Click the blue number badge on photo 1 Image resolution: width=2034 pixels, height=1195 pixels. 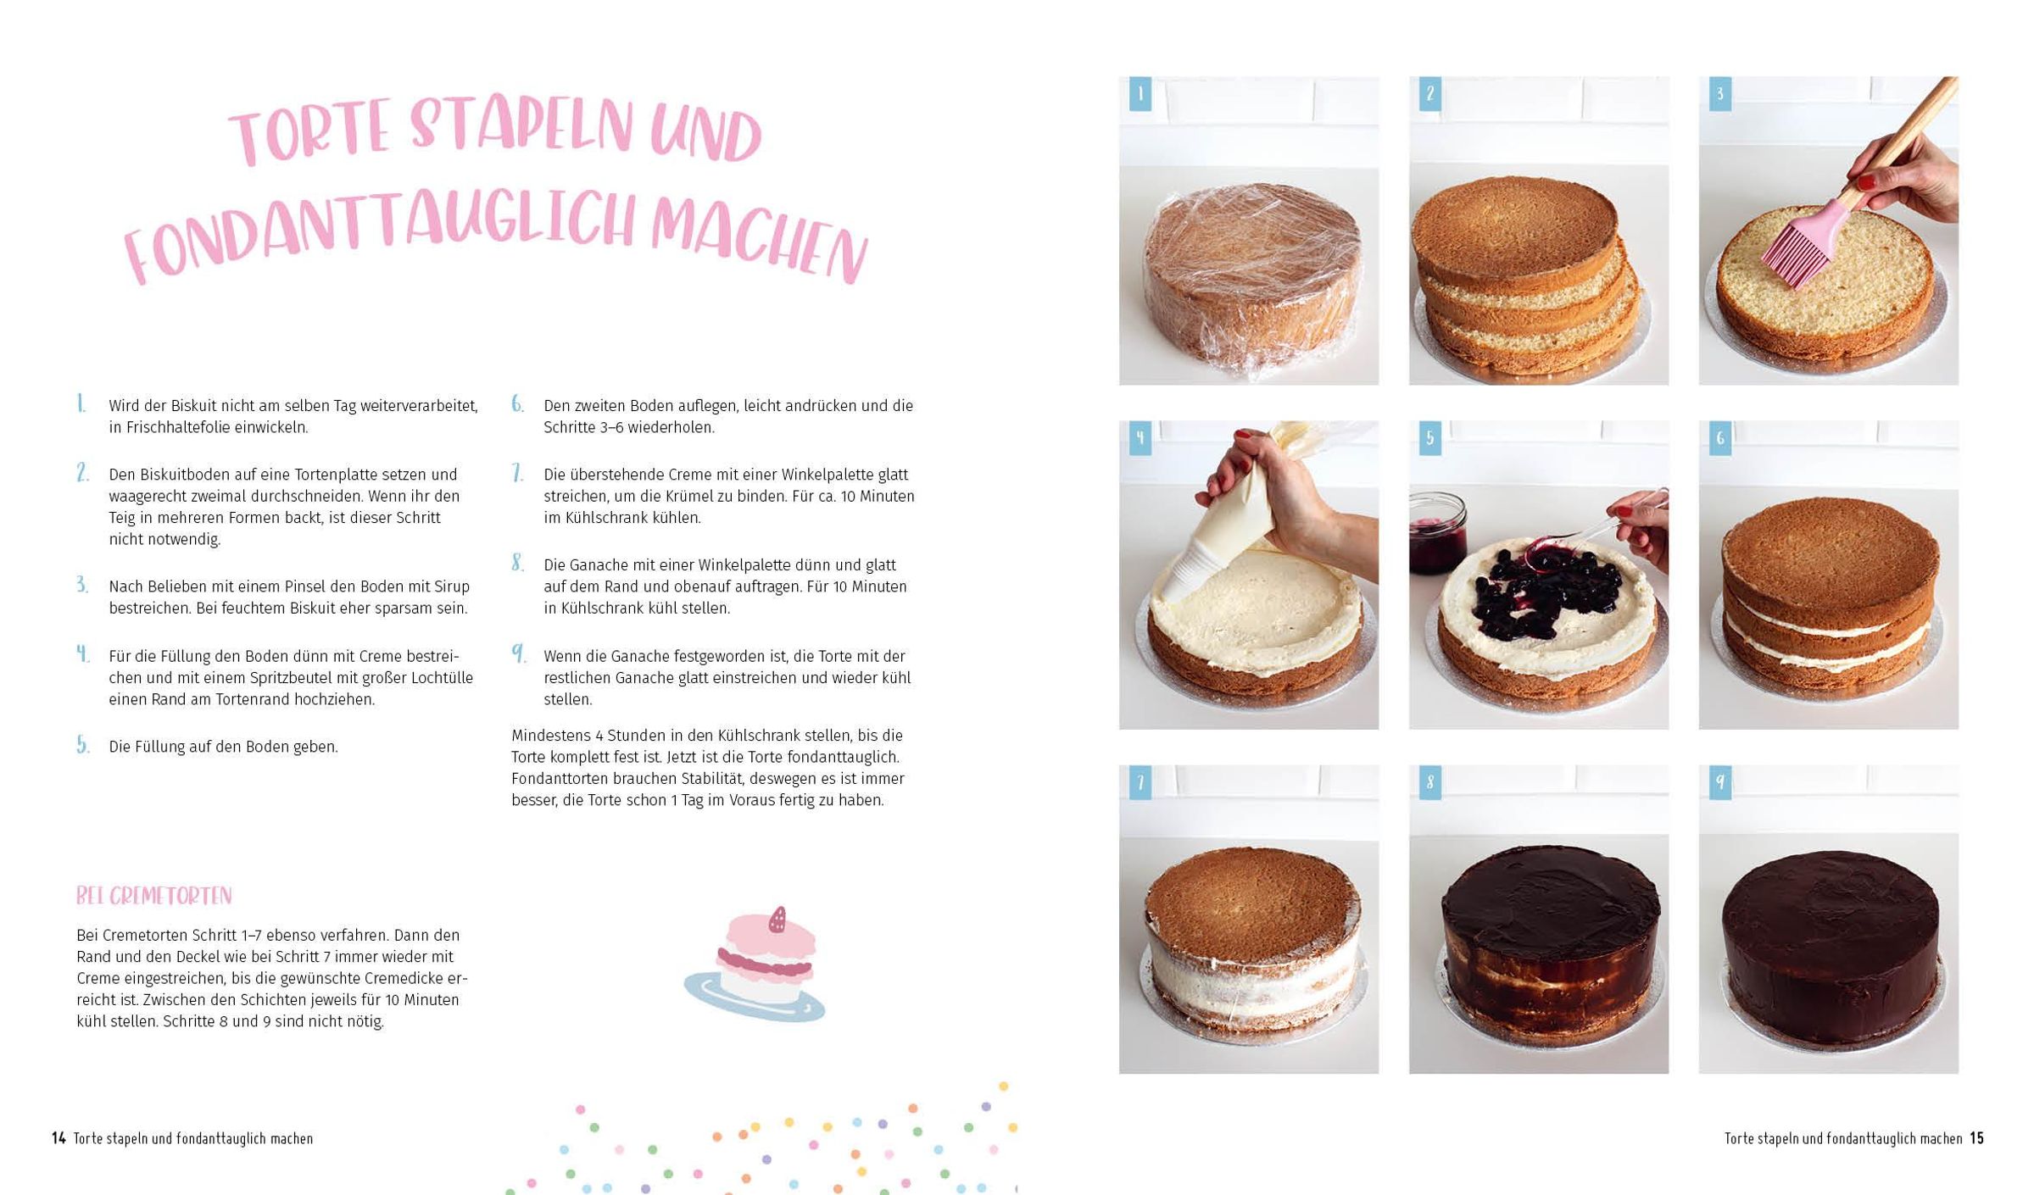pos(1140,94)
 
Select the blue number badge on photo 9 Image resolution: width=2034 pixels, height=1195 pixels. pos(1719,782)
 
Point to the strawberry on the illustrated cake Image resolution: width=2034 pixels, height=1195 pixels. pos(777,920)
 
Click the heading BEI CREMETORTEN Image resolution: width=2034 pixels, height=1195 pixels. pos(153,896)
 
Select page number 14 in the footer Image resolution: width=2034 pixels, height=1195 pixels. pos(59,1138)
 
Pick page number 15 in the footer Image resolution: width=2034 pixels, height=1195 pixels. pos(1976,1138)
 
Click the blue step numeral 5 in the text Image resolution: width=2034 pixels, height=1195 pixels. pos(82,745)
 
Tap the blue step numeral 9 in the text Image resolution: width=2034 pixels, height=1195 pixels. pos(518,653)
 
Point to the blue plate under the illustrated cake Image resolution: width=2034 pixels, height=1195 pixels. pos(754,998)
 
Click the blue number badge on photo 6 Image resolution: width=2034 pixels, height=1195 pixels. pos(1719,438)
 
